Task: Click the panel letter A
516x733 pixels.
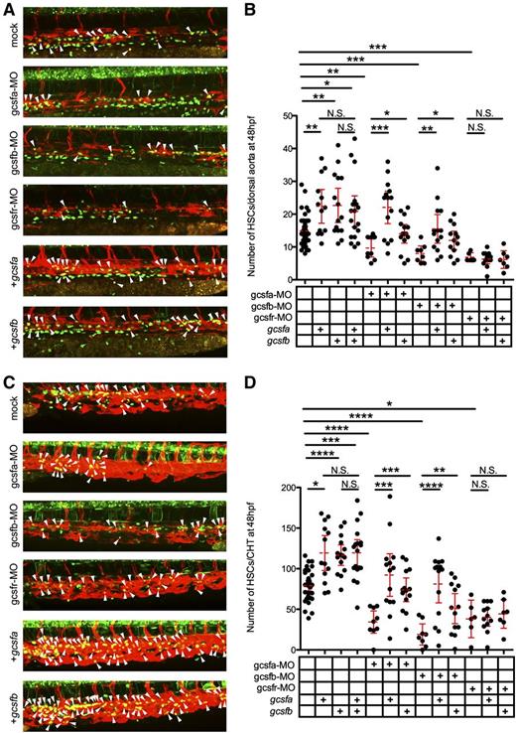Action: pyautogui.click(x=7, y=9)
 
